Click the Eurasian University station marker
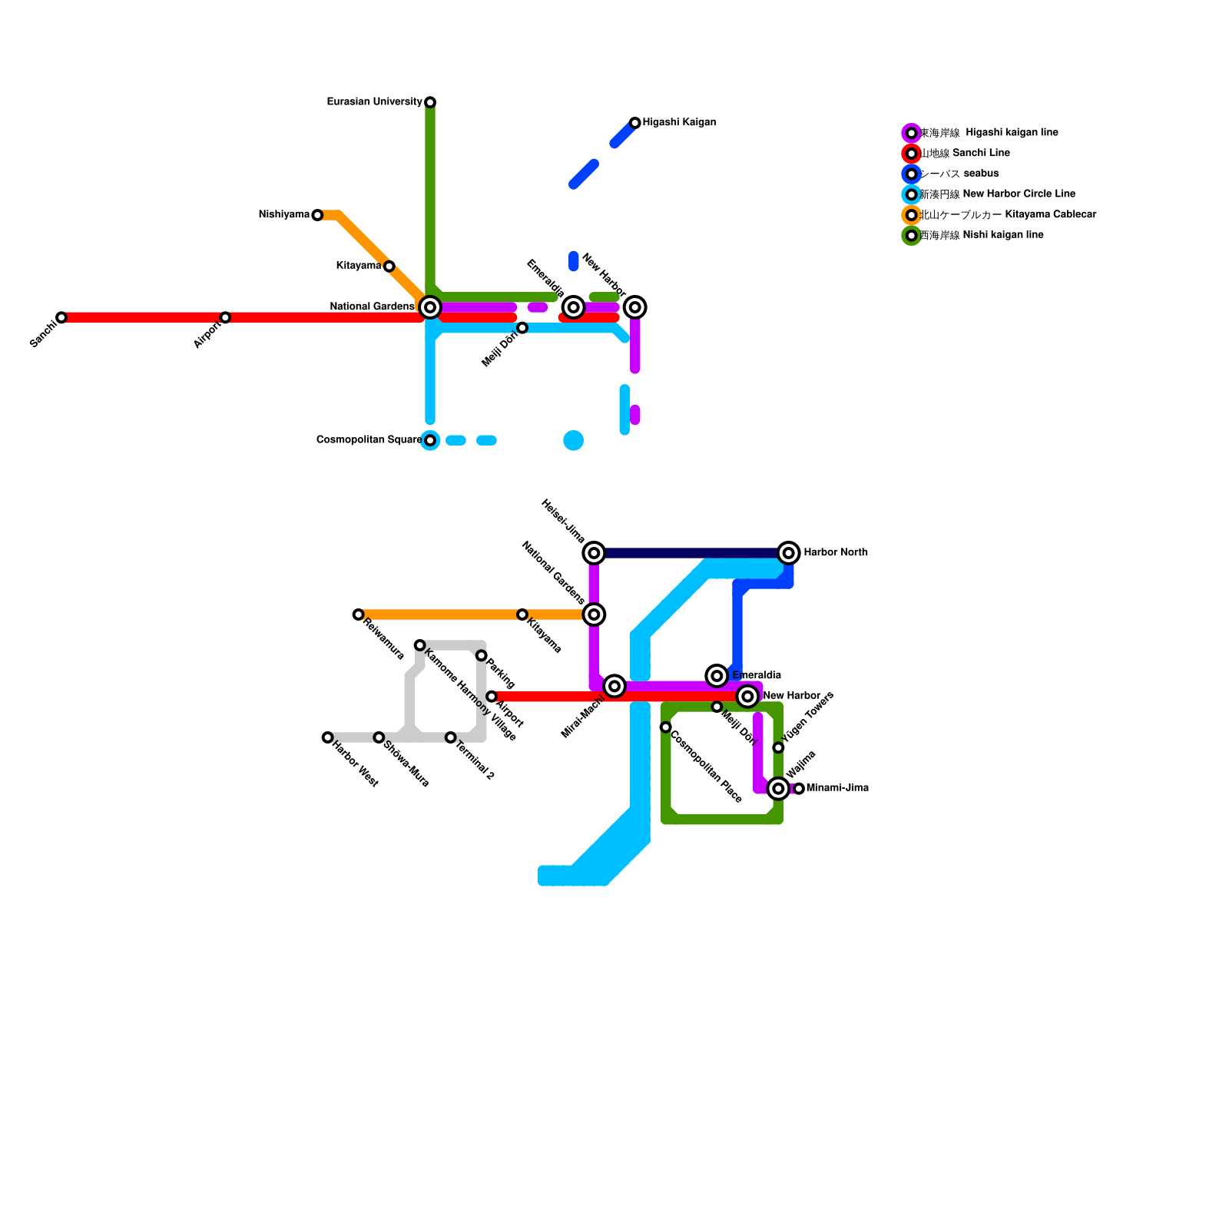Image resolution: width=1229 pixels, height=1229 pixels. coord(430,102)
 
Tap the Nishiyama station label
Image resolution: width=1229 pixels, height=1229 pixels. coord(284,215)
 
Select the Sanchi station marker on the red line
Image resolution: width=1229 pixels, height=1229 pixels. coord(61,317)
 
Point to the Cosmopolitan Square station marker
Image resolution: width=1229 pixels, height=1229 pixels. coord(430,440)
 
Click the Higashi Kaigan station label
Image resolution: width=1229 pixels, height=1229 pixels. coord(679,123)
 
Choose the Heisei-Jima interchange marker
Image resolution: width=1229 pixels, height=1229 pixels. coord(594,553)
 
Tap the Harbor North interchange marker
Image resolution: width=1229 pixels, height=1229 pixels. coord(788,553)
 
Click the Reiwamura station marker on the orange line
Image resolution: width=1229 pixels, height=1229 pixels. coord(358,614)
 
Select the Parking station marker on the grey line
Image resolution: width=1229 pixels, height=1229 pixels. coord(481,655)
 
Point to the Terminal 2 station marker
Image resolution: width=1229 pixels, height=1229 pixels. coord(450,737)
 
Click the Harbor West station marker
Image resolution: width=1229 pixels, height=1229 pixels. coord(327,737)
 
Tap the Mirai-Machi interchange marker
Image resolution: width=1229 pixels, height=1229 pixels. coord(614,686)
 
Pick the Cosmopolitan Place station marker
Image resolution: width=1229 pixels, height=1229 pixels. coord(665,727)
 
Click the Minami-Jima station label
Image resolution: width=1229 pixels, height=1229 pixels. coord(837,788)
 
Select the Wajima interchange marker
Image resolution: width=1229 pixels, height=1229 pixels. coord(778,788)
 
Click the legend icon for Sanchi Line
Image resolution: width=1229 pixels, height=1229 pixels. coord(911,154)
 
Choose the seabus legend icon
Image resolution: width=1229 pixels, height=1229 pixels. coord(911,174)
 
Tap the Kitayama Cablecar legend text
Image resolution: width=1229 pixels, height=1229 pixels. coord(1008,215)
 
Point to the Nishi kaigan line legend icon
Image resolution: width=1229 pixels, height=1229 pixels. coord(911,236)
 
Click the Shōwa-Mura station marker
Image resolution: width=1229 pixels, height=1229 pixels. coord(379,737)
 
